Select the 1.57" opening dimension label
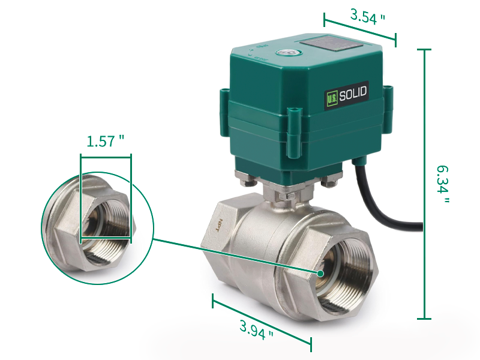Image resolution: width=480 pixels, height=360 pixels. [106, 142]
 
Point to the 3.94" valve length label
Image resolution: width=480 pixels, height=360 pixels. [257, 329]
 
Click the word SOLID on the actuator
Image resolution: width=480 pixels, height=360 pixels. [353, 94]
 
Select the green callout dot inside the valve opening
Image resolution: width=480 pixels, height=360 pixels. [322, 274]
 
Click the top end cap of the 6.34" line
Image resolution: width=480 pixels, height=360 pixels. [424, 50]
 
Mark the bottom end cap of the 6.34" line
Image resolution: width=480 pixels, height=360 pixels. [424, 319]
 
